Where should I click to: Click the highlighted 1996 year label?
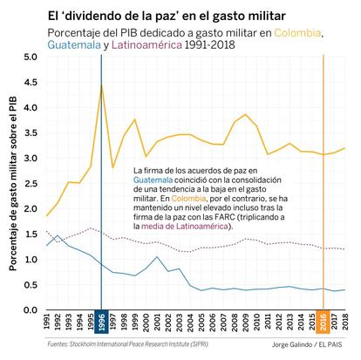(101, 322)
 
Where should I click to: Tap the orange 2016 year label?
(324, 322)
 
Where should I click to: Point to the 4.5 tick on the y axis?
(31, 83)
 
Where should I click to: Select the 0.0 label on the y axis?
(31, 310)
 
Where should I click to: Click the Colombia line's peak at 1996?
(101, 85)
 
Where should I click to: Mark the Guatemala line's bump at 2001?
(157, 256)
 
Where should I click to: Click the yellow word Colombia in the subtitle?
(297, 33)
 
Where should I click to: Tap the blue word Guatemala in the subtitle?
(74, 45)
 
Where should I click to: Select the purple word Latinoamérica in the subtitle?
(146, 45)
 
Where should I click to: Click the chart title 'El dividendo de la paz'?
(167, 16)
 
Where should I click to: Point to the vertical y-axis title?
(13, 183)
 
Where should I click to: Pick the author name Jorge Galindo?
(291, 345)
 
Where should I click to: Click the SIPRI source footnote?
(128, 344)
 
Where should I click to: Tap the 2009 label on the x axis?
(246, 322)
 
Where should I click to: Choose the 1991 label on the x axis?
(47, 322)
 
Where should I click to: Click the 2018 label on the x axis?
(345, 322)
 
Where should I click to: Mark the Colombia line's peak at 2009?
(246, 114)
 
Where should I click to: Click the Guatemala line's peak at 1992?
(58, 235)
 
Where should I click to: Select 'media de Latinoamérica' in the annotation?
(185, 227)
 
